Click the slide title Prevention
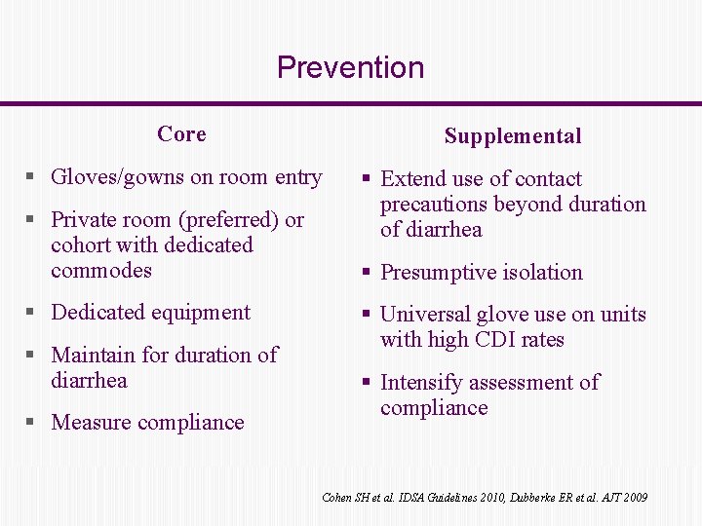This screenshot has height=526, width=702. click(350, 67)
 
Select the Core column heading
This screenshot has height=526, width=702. click(181, 133)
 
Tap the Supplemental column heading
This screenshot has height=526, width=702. click(512, 136)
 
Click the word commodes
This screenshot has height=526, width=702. click(101, 271)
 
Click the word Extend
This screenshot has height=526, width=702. click(412, 179)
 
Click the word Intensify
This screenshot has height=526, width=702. click(421, 383)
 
